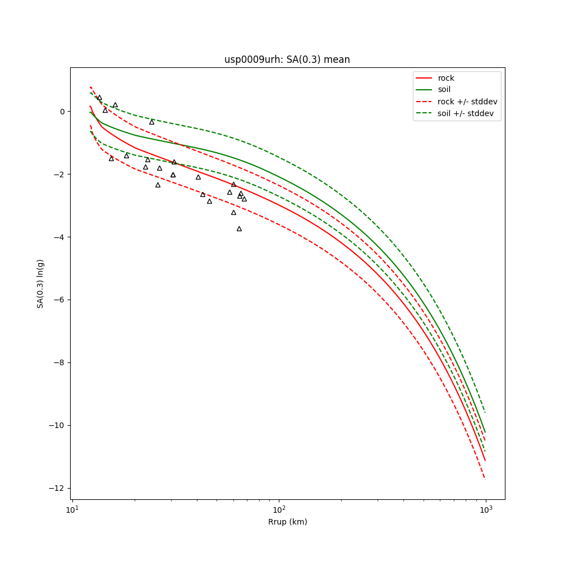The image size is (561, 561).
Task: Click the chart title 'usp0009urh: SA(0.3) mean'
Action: tap(287, 59)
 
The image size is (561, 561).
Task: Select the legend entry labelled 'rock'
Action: tap(446, 78)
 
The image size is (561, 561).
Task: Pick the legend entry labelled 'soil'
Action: tap(444, 89)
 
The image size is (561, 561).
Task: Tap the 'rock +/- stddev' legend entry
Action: tap(467, 102)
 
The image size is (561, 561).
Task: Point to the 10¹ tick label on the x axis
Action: tap(72, 509)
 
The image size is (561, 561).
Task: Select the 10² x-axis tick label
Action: tap(279, 509)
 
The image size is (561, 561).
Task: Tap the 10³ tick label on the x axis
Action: tap(486, 509)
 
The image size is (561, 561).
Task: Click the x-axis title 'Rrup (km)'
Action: tap(287, 522)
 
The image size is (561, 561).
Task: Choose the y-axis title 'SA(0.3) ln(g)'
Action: tap(40, 283)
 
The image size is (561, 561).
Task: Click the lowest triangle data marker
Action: tap(239, 229)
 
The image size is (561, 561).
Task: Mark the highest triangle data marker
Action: tap(99, 98)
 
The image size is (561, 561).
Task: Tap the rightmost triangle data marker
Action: tap(244, 199)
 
